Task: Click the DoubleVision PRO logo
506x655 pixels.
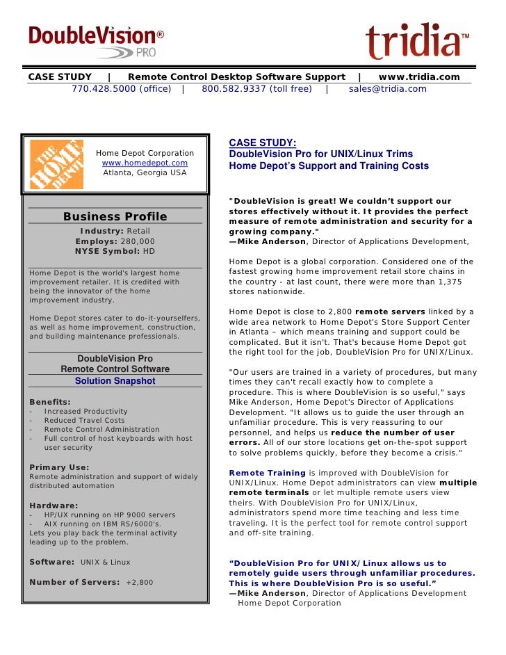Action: click(x=96, y=40)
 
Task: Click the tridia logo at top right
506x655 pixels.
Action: click(x=416, y=41)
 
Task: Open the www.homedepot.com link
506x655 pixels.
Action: click(x=145, y=163)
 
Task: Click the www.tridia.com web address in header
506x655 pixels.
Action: click(x=418, y=76)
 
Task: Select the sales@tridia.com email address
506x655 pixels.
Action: click(x=387, y=88)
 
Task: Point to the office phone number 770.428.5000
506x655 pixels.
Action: click(x=104, y=88)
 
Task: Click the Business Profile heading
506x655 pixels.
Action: click(x=115, y=216)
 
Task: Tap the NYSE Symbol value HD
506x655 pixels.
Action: click(x=149, y=251)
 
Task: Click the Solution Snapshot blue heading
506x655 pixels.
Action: click(x=115, y=381)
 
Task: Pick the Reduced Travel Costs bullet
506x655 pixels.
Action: click(x=84, y=420)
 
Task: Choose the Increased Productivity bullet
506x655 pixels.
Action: click(x=85, y=411)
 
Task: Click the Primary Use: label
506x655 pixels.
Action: click(x=59, y=467)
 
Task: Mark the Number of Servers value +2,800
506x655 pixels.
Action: click(x=139, y=582)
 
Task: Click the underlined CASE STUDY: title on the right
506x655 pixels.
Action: click(x=262, y=143)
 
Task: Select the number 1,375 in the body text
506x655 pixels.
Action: click(x=448, y=282)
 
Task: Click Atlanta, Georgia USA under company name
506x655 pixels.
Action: click(x=145, y=172)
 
